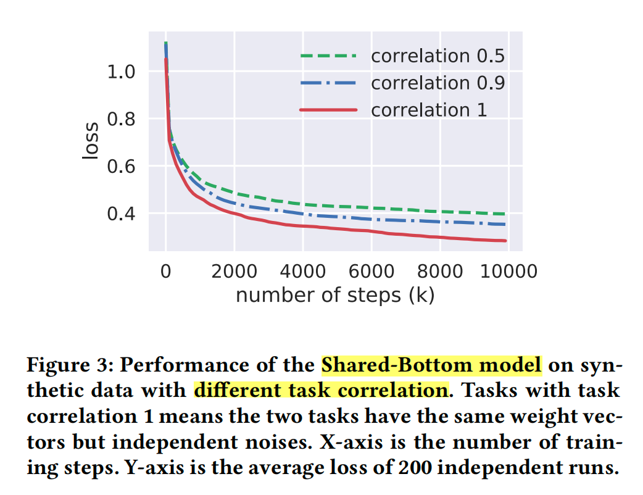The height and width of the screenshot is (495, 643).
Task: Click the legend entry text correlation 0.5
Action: click(x=438, y=56)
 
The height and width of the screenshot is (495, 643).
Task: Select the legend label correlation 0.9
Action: click(x=438, y=83)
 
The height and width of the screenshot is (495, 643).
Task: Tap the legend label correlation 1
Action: click(x=429, y=110)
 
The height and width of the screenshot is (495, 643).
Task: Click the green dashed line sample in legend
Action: click(x=328, y=56)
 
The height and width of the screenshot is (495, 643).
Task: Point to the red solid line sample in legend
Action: click(x=328, y=110)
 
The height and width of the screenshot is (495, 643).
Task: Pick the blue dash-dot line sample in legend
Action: click(x=328, y=83)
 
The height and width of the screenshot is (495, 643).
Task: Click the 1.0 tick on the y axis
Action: click(x=122, y=72)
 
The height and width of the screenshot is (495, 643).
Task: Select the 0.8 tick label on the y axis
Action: click(x=122, y=119)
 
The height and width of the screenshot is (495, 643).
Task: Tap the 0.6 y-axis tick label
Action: click(x=122, y=167)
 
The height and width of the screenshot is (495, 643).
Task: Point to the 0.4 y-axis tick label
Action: click(x=122, y=214)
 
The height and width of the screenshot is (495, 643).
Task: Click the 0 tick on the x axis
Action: click(x=165, y=272)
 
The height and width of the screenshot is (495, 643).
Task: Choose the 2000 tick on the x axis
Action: click(x=234, y=272)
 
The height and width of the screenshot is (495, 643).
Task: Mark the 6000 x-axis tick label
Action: click(x=371, y=272)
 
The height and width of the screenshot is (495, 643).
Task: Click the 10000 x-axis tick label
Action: click(x=507, y=272)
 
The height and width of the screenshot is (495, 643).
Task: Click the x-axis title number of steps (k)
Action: click(x=335, y=295)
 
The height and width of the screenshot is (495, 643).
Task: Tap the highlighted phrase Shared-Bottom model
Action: click(x=431, y=365)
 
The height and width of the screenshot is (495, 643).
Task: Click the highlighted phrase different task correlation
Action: click(x=320, y=390)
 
